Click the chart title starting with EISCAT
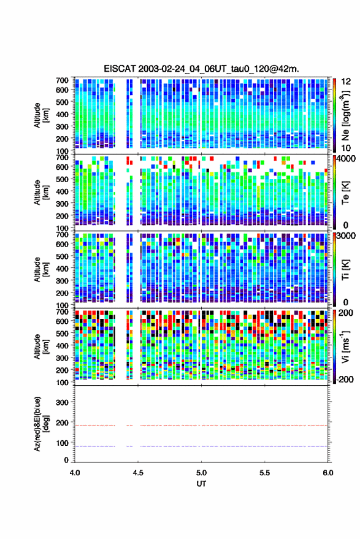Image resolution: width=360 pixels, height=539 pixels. pyautogui.click(x=201, y=69)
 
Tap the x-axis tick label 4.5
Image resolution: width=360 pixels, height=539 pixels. pyautogui.click(x=138, y=473)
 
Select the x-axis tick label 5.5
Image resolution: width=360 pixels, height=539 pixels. pyautogui.click(x=264, y=473)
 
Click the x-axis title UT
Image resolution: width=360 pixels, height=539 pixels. pyautogui.click(x=201, y=484)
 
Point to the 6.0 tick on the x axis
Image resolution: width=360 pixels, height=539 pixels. pyautogui.click(x=327, y=473)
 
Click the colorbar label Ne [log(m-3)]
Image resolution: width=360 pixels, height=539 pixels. pyautogui.click(x=345, y=115)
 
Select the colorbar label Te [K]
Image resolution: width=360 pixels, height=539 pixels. pyautogui.click(x=345, y=193)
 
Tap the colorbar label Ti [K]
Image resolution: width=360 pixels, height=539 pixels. pyautogui.click(x=345, y=270)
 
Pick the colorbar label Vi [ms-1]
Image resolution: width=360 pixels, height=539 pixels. pyautogui.click(x=345, y=346)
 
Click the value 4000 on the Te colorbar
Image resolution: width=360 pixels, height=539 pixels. pyautogui.click(x=347, y=159)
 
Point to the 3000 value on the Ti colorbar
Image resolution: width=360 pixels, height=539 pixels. pyautogui.click(x=347, y=236)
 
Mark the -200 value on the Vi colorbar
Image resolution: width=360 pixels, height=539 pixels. pyautogui.click(x=345, y=380)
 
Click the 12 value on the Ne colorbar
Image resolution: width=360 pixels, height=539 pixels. pyautogui.click(x=347, y=82)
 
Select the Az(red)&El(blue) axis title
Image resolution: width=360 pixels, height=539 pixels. pyautogui.click(x=41, y=424)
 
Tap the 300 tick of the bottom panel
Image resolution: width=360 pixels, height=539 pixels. pyautogui.click(x=62, y=402)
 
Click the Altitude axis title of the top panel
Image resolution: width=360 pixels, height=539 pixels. pyautogui.click(x=41, y=115)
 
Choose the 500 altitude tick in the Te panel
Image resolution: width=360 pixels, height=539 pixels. pyautogui.click(x=62, y=179)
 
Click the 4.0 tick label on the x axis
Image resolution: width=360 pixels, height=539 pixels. pyautogui.click(x=75, y=473)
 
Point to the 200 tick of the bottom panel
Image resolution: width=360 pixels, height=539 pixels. pyautogui.click(x=62, y=422)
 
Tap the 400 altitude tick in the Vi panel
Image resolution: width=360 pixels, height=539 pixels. pyautogui.click(x=62, y=345)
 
